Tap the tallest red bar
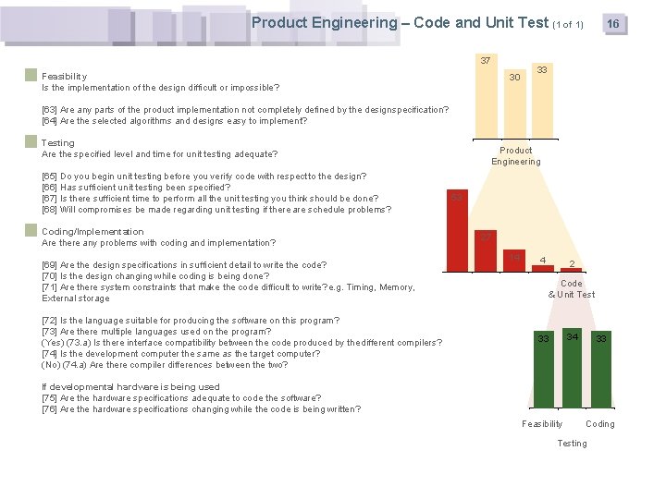(457, 231)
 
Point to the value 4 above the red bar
(543, 259)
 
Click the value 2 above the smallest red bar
(573, 264)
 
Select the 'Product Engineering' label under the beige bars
(515, 156)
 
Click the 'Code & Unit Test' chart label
(572, 289)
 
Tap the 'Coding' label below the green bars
(599, 424)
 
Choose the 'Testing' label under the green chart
(572, 444)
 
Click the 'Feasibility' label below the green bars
(542, 424)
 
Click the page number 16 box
(612, 24)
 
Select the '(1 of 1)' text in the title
(568, 24)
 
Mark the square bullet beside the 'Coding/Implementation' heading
(31, 231)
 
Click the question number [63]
(50, 110)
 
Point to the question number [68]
(50, 210)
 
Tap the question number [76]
(50, 409)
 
